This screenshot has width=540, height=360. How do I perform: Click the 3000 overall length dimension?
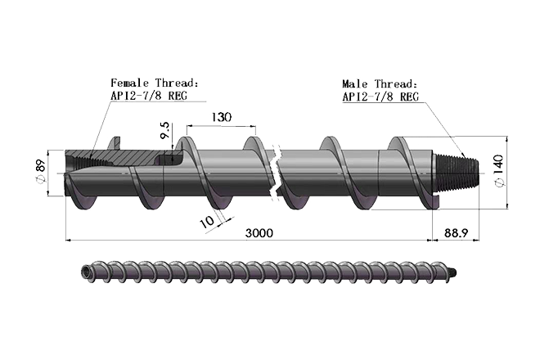tap(259, 233)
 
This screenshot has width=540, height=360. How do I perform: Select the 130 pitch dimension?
tap(219, 117)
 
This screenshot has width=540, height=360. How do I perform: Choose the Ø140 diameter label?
tap(501, 171)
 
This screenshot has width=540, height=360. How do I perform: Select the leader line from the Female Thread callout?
tap(96, 123)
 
